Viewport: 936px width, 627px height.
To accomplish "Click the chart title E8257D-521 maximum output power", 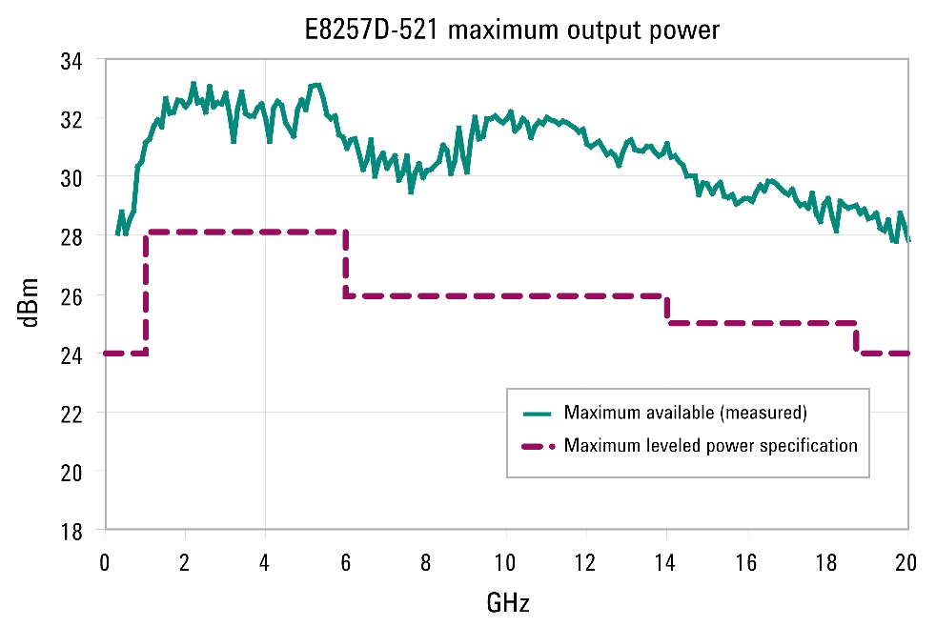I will pos(505,30).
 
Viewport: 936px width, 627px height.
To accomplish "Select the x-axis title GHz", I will pos(507,602).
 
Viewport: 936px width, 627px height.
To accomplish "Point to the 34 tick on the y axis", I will pos(71,61).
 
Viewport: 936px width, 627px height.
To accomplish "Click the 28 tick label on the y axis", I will pos(71,236).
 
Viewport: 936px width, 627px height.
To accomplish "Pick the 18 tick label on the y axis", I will pos(71,530).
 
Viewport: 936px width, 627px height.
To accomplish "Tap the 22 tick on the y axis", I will pos(71,413).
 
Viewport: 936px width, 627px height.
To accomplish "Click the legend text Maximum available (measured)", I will pos(685,414).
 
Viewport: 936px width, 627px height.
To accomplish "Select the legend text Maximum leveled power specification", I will pos(710,445).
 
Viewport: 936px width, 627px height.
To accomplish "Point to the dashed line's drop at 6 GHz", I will pos(345,264).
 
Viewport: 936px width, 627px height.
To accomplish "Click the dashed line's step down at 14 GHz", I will pos(667,310).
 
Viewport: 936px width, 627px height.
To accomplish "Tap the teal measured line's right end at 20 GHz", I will pos(908,239).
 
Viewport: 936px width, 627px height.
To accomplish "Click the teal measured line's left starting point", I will pos(117,233).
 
